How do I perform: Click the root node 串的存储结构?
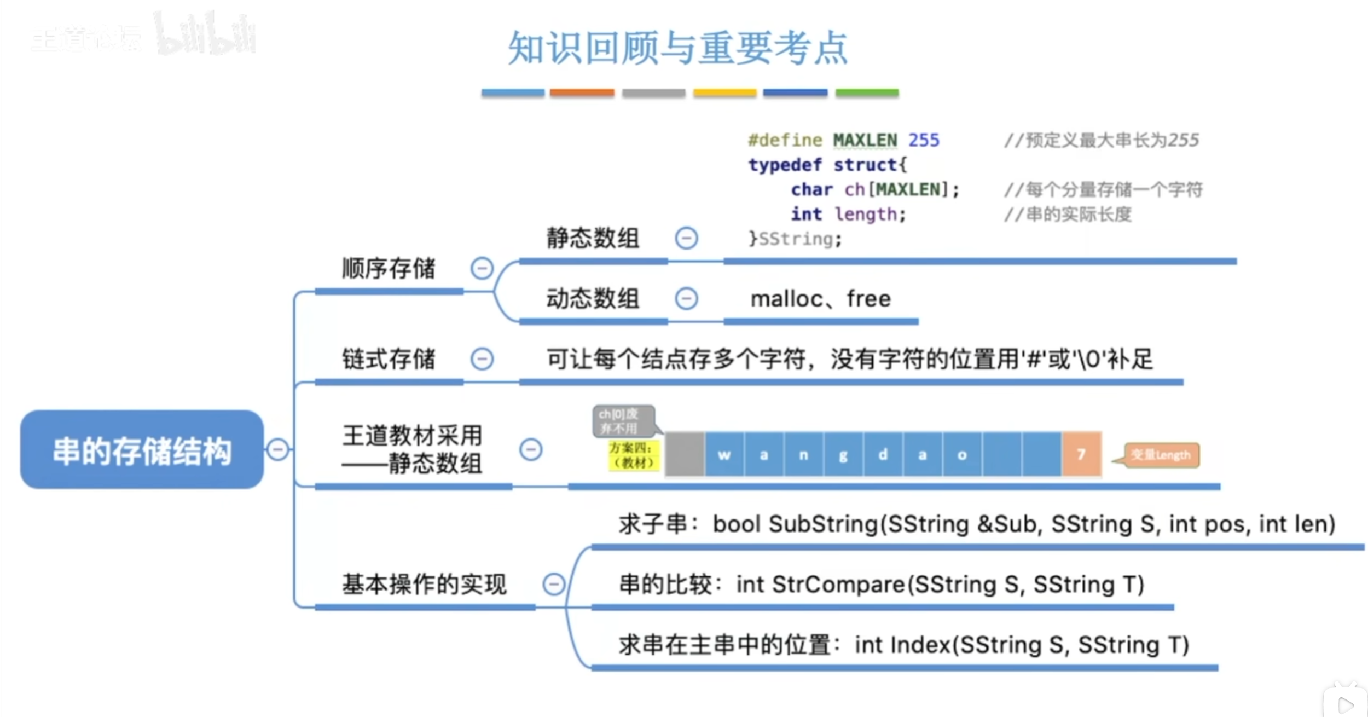click(142, 450)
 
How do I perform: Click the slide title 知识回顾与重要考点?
click(678, 48)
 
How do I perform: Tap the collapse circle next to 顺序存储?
click(482, 268)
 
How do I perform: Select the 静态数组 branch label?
click(593, 238)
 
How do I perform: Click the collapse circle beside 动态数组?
click(686, 299)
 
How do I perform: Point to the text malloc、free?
click(820, 299)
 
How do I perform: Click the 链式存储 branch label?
click(389, 359)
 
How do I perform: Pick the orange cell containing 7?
click(1081, 454)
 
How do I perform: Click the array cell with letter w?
click(724, 454)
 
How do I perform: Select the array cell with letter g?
click(843, 454)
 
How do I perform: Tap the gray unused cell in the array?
click(685, 454)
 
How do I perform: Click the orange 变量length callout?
click(1161, 455)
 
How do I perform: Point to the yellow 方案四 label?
click(634, 455)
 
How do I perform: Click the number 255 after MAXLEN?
click(924, 141)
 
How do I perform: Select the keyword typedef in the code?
click(785, 165)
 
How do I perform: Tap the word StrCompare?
click(838, 585)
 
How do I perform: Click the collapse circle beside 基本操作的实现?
click(553, 584)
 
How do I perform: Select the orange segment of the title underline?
click(582, 93)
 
